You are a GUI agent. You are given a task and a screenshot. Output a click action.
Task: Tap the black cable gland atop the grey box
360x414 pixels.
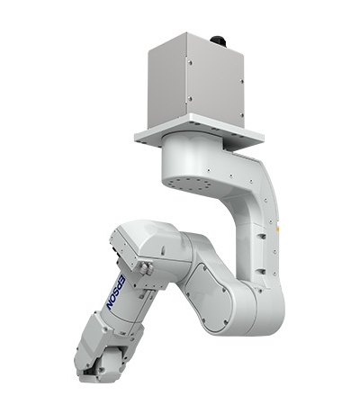click(218, 40)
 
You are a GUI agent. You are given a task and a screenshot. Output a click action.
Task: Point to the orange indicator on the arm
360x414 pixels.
click(278, 229)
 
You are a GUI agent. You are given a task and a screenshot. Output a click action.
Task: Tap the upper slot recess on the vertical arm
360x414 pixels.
click(262, 236)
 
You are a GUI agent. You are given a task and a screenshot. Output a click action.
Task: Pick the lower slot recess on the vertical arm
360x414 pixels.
click(261, 272)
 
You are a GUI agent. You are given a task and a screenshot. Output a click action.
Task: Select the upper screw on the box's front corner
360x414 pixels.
click(190, 62)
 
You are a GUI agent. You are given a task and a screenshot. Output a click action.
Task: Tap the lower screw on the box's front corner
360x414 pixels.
click(190, 98)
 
